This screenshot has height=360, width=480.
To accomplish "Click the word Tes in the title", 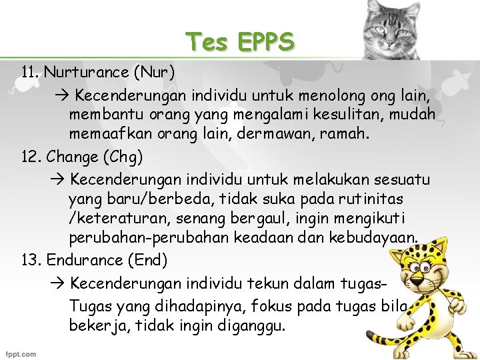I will [x=207, y=42].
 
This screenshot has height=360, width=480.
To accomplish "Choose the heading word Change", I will [x=74, y=158].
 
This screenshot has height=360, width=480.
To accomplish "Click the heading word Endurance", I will [x=81, y=260].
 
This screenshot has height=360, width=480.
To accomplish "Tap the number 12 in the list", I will [x=30, y=158].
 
